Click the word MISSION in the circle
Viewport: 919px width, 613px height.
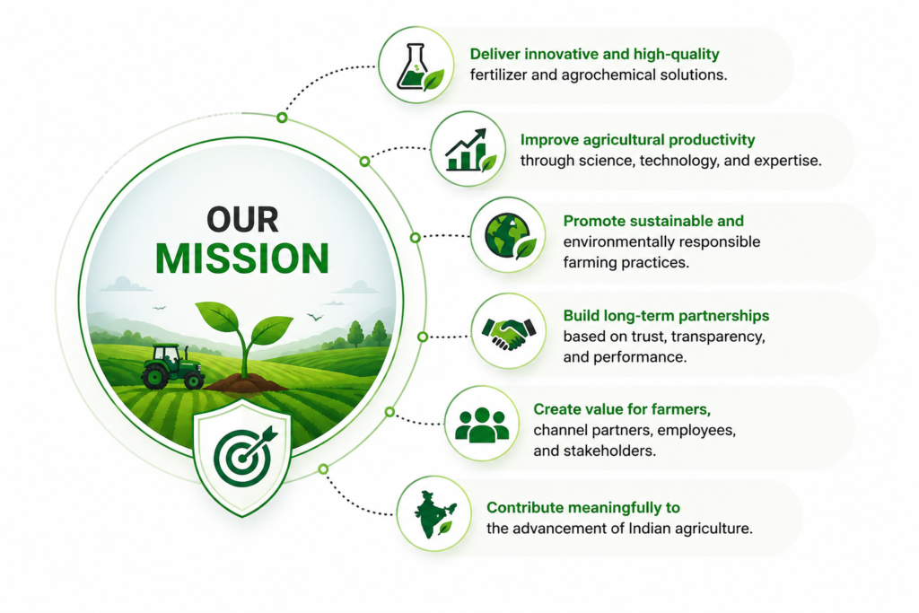[242, 258]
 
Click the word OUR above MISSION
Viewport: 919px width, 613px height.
[242, 220]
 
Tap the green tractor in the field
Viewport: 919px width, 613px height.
[172, 367]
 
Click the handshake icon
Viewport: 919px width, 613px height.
[508, 333]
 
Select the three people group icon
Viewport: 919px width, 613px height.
[482, 425]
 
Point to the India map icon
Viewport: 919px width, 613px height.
[435, 514]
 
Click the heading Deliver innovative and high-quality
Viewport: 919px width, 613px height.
[594, 54]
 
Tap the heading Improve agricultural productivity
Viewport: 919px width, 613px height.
[638, 139]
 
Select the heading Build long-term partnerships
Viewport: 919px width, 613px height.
[667, 316]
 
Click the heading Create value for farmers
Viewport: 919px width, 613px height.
[622, 409]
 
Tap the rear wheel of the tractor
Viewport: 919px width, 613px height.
[154, 377]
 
